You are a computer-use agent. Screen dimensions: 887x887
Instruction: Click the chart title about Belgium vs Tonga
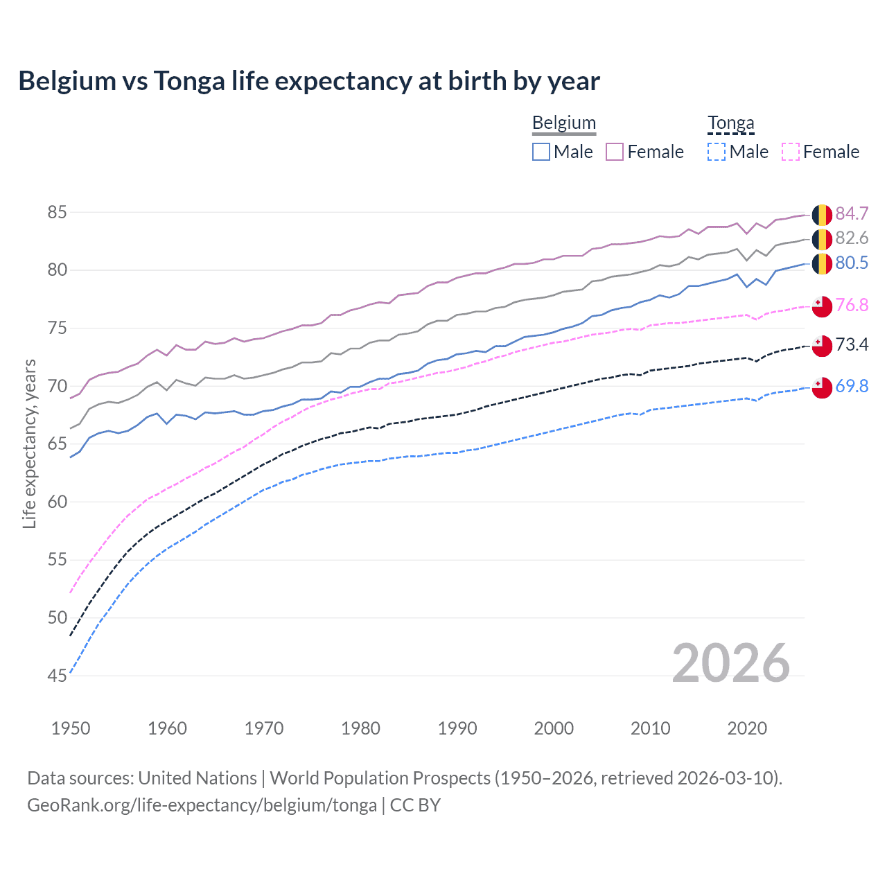(x=309, y=81)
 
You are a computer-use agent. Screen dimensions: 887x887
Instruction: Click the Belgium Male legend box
(x=541, y=152)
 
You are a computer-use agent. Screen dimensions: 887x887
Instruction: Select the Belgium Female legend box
(x=615, y=152)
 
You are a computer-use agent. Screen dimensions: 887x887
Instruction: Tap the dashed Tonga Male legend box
(x=717, y=152)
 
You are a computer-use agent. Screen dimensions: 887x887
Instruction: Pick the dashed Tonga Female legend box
(x=790, y=152)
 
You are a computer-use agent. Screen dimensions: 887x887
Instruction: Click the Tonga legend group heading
(x=730, y=123)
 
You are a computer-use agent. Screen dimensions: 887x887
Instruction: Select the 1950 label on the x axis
(x=71, y=728)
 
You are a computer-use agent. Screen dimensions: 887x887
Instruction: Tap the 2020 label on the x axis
(x=747, y=728)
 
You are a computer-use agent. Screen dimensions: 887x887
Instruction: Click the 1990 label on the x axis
(x=457, y=728)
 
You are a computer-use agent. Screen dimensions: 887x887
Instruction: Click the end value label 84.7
(x=852, y=213)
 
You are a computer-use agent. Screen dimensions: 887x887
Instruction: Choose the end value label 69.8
(x=852, y=386)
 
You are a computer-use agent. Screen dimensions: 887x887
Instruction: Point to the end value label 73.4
(x=852, y=344)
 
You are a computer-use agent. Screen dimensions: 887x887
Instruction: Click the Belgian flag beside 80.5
(x=822, y=263)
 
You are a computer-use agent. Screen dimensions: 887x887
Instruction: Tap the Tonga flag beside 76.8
(x=822, y=306)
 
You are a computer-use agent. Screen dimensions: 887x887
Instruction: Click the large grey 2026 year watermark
(x=730, y=664)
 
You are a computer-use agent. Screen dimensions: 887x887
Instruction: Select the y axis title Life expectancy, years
(x=29, y=443)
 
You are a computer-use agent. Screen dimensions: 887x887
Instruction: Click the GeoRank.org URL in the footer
(x=202, y=805)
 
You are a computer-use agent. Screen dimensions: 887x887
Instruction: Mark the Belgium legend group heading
(x=563, y=123)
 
